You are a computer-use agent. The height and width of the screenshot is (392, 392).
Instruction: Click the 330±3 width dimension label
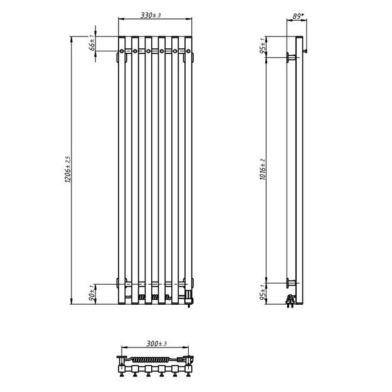tap(151, 15)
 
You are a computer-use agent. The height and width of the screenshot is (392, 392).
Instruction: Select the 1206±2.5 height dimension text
tap(68, 169)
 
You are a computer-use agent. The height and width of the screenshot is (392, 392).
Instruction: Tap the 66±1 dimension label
tap(92, 43)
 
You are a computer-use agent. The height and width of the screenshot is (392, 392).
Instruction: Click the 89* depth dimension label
tap(298, 16)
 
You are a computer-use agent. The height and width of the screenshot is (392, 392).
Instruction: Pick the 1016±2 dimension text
tap(263, 169)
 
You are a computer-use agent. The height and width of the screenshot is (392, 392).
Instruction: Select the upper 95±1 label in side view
tap(262, 46)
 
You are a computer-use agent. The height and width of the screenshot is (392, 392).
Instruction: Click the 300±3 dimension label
tap(157, 344)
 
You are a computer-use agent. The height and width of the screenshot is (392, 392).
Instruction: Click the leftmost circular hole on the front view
tap(122, 51)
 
